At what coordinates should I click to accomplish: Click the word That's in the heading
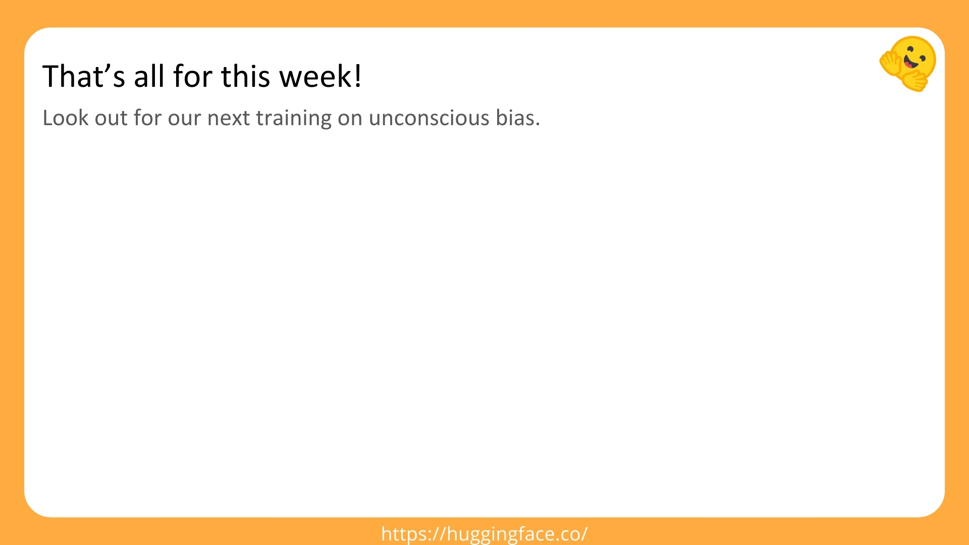84,76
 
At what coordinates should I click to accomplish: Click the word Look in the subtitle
65,118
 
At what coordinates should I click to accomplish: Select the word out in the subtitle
111,119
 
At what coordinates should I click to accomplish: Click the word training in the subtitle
294,119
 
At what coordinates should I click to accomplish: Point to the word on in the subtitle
350,120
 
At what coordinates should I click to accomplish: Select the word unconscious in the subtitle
429,118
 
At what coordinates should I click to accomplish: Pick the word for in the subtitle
147,118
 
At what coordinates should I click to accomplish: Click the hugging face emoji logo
908,64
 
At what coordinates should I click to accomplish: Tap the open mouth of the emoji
909,63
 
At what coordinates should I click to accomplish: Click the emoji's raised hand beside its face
891,65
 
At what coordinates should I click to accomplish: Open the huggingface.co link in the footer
484,534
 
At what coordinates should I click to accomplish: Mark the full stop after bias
537,125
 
